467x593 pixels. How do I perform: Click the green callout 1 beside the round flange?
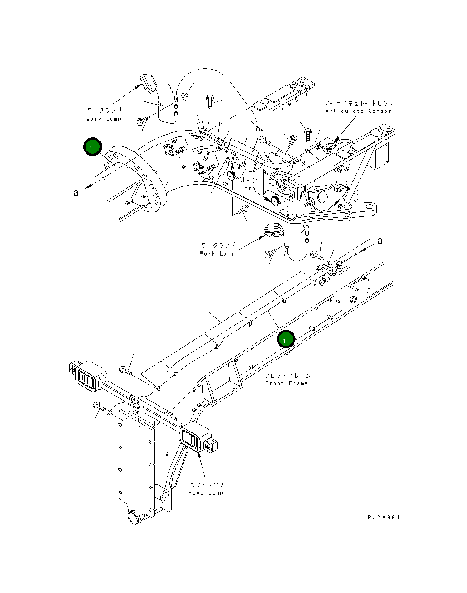(92, 148)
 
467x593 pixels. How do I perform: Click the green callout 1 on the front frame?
(286, 339)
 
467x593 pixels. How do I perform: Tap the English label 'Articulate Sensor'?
(358, 111)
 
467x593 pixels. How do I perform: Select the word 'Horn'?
(248, 188)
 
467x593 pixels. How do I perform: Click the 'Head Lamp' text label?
(206, 493)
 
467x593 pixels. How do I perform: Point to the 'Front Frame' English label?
(286, 383)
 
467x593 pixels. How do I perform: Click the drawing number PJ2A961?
(384, 518)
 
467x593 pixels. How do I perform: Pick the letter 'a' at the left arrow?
(76, 193)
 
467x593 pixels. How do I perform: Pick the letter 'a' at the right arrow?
(380, 241)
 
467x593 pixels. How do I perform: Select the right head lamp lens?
(192, 440)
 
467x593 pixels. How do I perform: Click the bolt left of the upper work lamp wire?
(140, 121)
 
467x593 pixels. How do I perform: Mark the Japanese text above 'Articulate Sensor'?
(359, 103)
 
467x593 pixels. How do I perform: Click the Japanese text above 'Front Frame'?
(288, 376)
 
